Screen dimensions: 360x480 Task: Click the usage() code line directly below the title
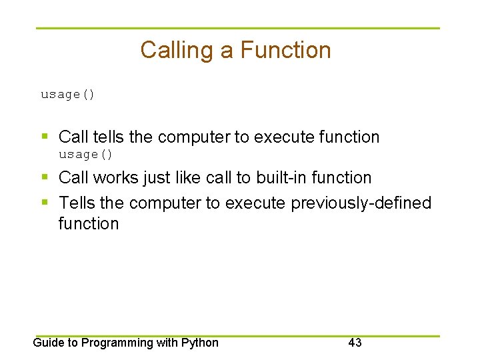point(68,95)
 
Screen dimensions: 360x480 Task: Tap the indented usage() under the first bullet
point(86,155)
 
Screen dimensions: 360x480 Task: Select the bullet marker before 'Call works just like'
point(45,178)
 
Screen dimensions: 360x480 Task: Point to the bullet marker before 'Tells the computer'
point(45,203)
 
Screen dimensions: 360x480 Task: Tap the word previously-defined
point(361,203)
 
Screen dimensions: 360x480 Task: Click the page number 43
point(355,343)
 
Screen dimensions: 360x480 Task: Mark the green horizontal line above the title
point(238,28)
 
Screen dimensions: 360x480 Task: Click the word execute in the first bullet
point(286,137)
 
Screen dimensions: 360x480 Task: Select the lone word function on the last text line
point(88,224)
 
